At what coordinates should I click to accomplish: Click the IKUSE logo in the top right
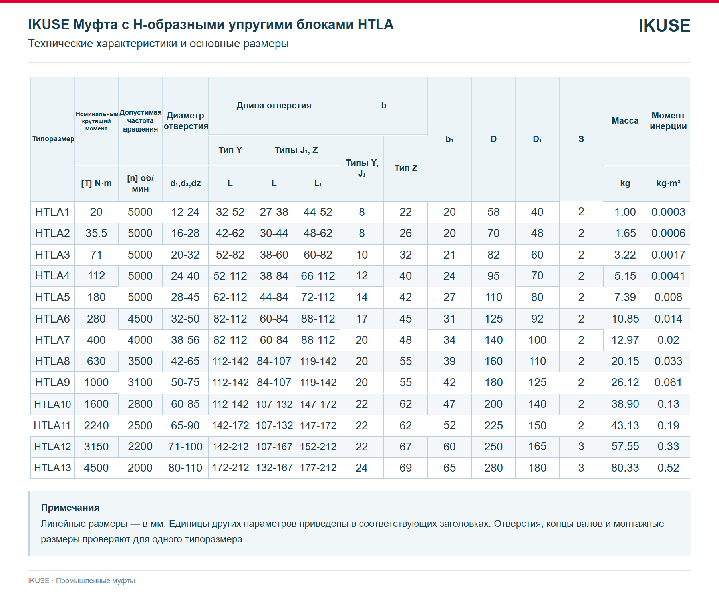[x=664, y=26]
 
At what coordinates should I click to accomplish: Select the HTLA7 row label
[x=52, y=340]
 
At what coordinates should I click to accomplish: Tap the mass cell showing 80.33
[x=625, y=468]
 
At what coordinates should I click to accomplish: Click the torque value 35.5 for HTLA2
[x=96, y=233]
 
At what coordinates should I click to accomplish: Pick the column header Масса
[x=625, y=120]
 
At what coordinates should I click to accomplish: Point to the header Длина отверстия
[x=274, y=106]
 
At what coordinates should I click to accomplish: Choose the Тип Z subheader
[x=406, y=168]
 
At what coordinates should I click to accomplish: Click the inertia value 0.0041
[x=668, y=276]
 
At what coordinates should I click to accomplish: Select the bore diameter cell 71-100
[x=185, y=447]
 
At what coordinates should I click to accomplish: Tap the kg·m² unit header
[x=668, y=183]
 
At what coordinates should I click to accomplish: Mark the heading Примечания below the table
[x=70, y=508]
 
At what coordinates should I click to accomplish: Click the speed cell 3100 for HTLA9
[x=140, y=383]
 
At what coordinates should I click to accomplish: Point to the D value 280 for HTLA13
[x=493, y=468]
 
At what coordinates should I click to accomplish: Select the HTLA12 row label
[x=52, y=447]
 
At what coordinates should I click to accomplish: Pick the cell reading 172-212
[x=230, y=468]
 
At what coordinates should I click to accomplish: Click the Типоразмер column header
[x=53, y=139]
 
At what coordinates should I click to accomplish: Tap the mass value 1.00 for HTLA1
[x=625, y=212]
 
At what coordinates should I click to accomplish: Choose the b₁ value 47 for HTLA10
[x=449, y=404]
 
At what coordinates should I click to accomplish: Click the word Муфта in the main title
[x=95, y=25]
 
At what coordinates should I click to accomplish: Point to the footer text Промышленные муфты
[x=95, y=581]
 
